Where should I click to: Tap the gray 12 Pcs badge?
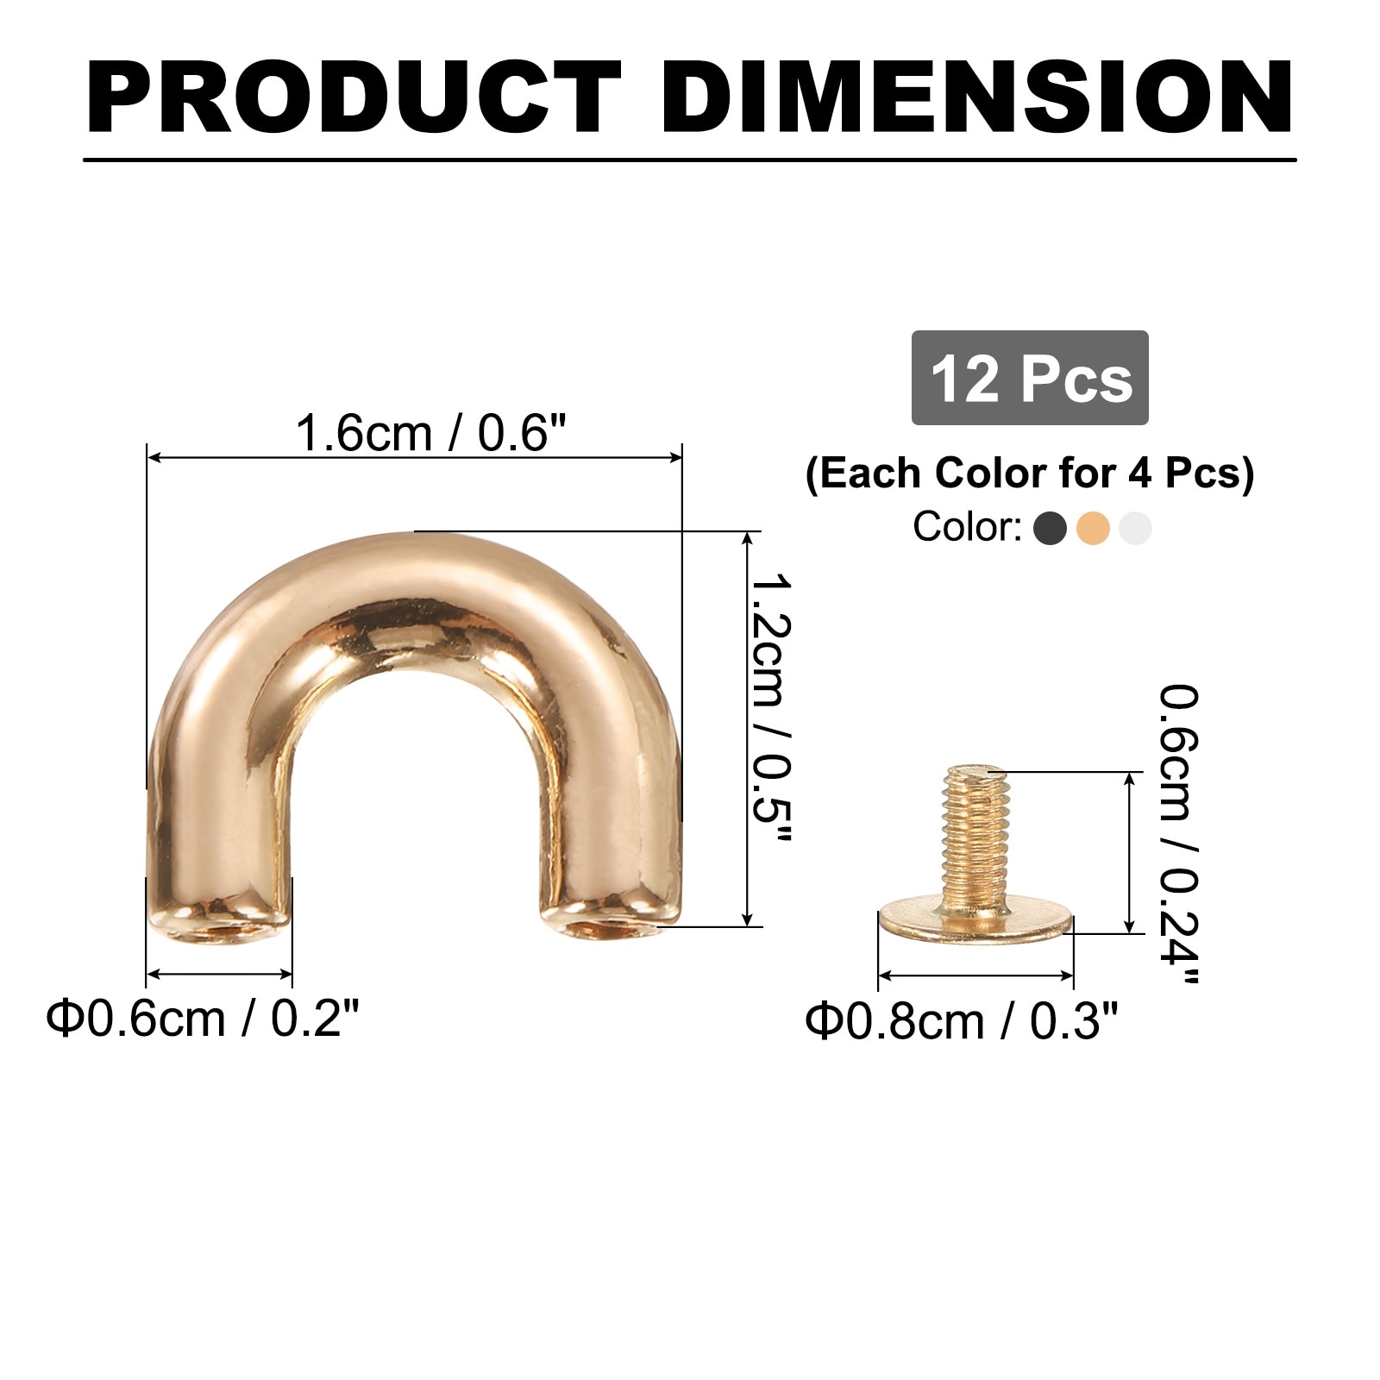tap(1030, 378)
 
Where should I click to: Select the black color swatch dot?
tap(1050, 528)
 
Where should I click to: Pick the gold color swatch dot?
tap(1093, 528)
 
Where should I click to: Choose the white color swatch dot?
tap(1135, 528)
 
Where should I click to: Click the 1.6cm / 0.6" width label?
tap(431, 432)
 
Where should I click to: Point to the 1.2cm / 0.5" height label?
tap(769, 707)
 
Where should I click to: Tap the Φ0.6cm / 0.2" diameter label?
tap(203, 1019)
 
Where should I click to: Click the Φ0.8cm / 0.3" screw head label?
tap(962, 1022)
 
